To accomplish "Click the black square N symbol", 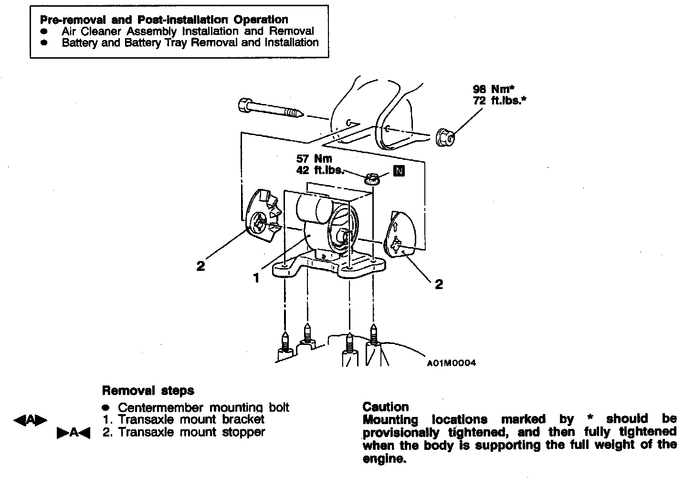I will click(x=399, y=171).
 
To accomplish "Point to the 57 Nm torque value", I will click(x=314, y=158).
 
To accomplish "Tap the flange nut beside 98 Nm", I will click(x=445, y=137).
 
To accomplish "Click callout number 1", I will click(x=256, y=278).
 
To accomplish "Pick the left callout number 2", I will click(x=200, y=266).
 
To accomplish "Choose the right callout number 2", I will click(x=439, y=284).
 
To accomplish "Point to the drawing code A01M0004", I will click(x=451, y=363).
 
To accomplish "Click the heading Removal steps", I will click(x=148, y=391).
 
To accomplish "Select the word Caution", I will click(x=386, y=407).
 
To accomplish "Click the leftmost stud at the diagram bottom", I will click(x=285, y=343).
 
